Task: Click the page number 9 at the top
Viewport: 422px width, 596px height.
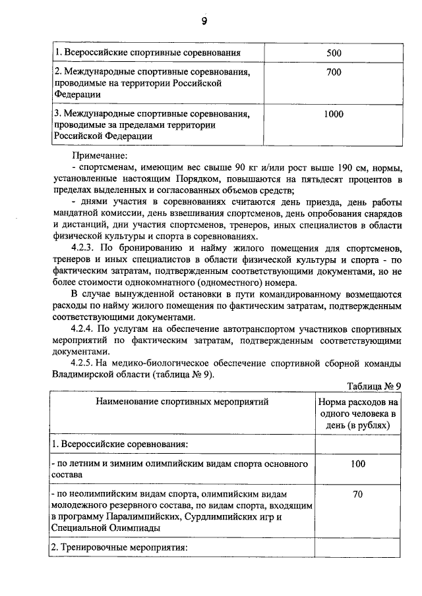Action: pyautogui.click(x=204, y=22)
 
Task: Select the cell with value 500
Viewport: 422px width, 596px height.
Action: pyautogui.click(x=334, y=52)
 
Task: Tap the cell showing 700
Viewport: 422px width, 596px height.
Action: pyautogui.click(x=334, y=72)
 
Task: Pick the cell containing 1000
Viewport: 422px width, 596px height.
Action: pyautogui.click(x=334, y=114)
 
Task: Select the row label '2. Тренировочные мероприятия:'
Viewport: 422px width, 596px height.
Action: pyautogui.click(x=120, y=547)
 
